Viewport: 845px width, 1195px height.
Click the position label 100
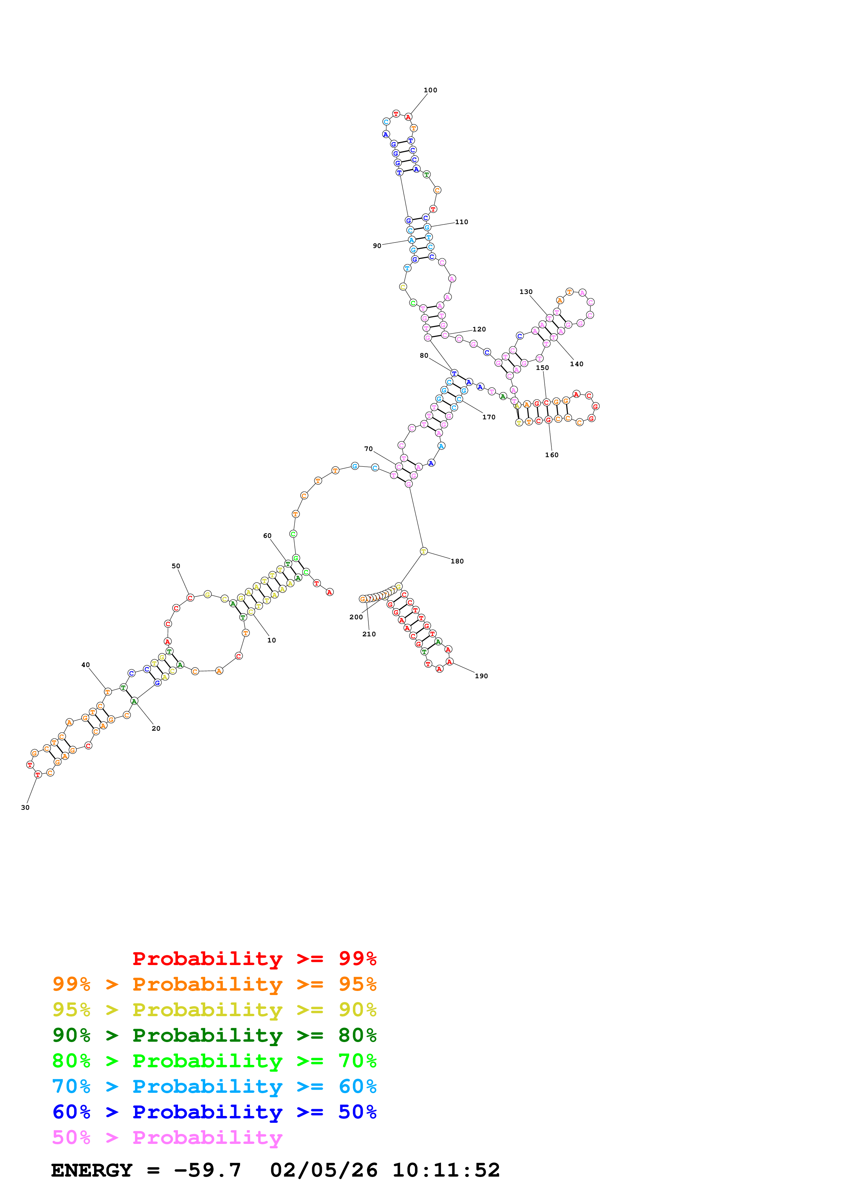pos(430,90)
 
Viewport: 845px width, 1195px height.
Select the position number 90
pos(377,246)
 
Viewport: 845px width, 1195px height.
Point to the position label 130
pos(526,292)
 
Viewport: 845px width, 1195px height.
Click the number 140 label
pos(576,364)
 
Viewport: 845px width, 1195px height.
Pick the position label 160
pos(552,455)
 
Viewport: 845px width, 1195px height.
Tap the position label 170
pos(488,417)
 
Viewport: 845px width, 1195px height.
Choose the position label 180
pos(457,561)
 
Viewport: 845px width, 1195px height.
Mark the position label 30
pos(25,808)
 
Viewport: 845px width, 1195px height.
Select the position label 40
pos(85,665)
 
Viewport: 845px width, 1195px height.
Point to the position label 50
pos(176,566)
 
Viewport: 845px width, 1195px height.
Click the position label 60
pos(267,536)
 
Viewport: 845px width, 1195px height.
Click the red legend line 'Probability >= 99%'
pos(254,959)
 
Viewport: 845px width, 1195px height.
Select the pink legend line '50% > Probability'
pos(167,1138)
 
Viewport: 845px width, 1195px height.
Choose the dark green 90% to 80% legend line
pos(214,1035)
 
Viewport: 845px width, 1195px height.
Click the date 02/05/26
pos(323,1170)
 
